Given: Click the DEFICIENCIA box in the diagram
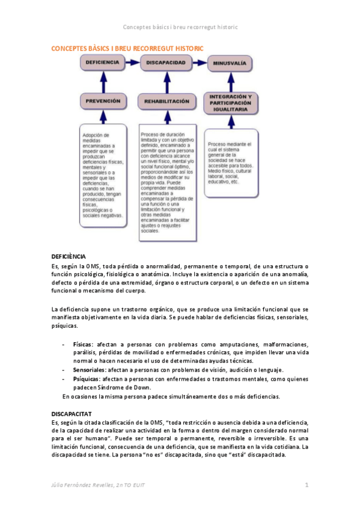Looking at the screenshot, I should [103, 62].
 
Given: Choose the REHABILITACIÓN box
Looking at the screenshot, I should [166, 102].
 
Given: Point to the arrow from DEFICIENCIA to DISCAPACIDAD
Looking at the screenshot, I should [133, 62].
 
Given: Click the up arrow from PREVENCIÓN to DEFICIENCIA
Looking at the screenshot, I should [103, 81].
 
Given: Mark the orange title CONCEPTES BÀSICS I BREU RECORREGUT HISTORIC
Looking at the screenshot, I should [127, 48].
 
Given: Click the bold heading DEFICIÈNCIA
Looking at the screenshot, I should [69, 257].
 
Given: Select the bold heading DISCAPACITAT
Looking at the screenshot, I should [70, 414].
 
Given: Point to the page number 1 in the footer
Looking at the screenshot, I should [306, 485].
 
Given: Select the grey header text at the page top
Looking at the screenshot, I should [180, 27].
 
